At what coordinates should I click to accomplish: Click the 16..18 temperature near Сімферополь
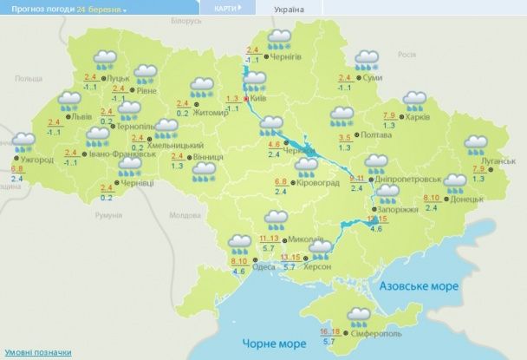pyautogui.click(x=329, y=331)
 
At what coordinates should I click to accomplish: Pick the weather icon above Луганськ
pyautogui.click(x=475, y=145)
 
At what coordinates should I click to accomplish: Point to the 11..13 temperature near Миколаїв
pyautogui.click(x=270, y=238)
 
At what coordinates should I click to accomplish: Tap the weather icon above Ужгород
pyautogui.click(x=23, y=141)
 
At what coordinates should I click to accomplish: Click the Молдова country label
pyautogui.click(x=185, y=214)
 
